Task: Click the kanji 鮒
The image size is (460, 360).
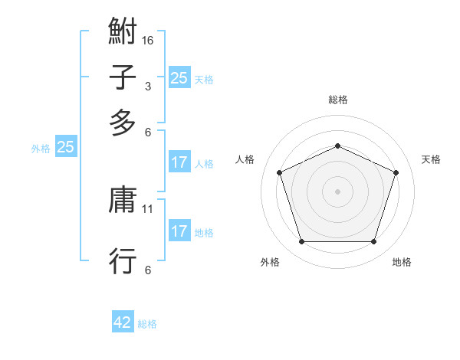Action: [123, 33]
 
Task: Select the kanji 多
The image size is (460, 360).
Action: [123, 123]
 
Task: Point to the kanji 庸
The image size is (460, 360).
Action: [123, 201]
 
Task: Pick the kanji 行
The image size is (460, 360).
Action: [123, 260]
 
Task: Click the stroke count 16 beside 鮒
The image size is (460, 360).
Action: [148, 40]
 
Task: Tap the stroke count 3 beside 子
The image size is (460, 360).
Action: [148, 86]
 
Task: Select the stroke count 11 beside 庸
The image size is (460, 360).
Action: [149, 208]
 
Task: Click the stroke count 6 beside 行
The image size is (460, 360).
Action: [148, 270]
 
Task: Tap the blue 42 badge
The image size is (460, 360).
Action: [123, 322]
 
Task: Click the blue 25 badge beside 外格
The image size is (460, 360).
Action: [65, 148]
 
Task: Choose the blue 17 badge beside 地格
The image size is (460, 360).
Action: [179, 231]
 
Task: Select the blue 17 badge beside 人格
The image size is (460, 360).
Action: [179, 162]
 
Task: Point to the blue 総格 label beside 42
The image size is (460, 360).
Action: [147, 323]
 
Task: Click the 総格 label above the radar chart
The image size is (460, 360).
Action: [337, 100]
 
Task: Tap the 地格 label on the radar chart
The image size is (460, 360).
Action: [402, 262]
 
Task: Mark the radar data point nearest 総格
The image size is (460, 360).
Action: [337, 146]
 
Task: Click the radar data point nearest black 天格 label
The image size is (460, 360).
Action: [396, 172]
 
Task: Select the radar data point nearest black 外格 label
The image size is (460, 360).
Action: [301, 242]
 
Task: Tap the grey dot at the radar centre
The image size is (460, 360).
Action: [337, 191]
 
